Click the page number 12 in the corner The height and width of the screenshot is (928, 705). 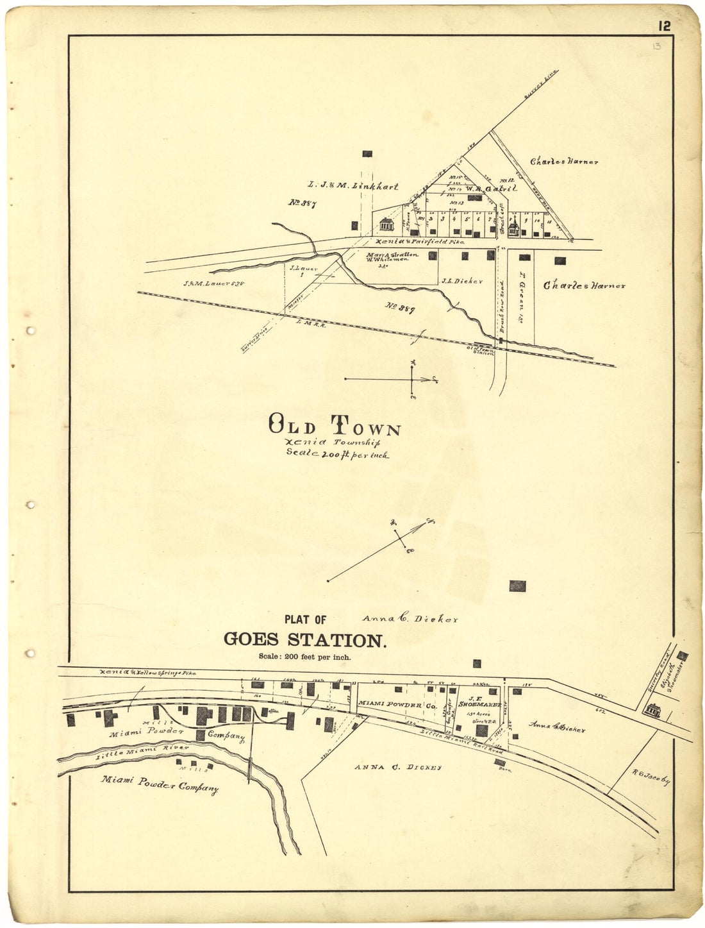point(663,26)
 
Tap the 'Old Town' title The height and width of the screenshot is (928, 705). point(333,425)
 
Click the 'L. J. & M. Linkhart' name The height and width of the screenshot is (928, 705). point(352,187)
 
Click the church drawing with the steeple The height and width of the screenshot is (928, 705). point(513,226)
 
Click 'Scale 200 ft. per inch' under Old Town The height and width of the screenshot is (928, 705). point(337,454)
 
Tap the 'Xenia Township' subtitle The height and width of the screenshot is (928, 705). point(335,442)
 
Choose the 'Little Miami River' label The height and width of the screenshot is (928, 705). point(142,752)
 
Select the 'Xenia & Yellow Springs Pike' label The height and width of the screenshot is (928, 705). point(147,673)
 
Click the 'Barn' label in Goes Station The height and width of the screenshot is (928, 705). point(503,769)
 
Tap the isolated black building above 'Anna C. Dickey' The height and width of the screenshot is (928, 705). point(517,586)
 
